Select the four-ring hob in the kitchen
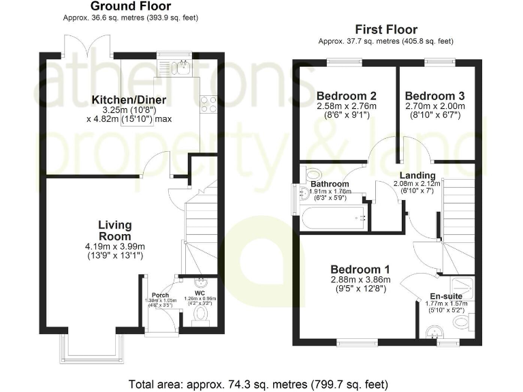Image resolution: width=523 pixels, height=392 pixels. (208, 103)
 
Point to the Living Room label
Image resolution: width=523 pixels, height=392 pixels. (114, 230)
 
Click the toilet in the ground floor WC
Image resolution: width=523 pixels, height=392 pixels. (200, 315)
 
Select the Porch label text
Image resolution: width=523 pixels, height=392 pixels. (160, 295)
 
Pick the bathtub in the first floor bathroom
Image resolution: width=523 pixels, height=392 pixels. (334, 218)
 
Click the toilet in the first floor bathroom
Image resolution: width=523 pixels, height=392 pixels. (313, 173)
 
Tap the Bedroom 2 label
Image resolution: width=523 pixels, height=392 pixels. (347, 95)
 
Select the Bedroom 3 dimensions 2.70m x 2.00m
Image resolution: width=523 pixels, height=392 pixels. (434, 106)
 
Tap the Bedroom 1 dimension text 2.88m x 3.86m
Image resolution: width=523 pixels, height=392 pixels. (359, 279)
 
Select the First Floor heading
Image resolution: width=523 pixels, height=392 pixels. (386, 29)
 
